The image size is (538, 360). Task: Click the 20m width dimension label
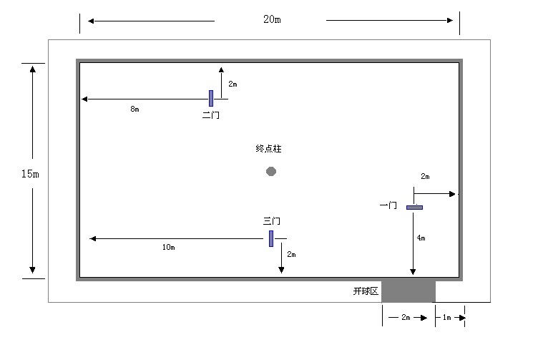tap(272, 19)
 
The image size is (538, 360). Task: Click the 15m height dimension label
tap(30, 174)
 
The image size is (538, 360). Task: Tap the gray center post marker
tap(271, 171)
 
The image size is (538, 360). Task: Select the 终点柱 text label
tap(269, 149)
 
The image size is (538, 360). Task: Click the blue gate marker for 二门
tap(211, 99)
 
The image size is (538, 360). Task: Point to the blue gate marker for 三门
tap(271, 238)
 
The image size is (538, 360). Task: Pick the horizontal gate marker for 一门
tap(414, 208)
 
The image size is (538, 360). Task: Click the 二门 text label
tap(210, 115)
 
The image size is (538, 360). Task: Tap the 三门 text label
tap(272, 221)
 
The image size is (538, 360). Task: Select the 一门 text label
tap(388, 205)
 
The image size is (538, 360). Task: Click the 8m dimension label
tap(134, 109)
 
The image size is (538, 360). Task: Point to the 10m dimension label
tap(168, 247)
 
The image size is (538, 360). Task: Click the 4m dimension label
tap(421, 238)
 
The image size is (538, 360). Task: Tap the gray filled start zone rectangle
tap(409, 291)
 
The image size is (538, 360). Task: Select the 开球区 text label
tap(366, 291)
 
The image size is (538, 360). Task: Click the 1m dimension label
tap(446, 318)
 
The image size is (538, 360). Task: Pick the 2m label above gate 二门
tap(233, 84)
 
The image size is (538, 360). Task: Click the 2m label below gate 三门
tap(292, 254)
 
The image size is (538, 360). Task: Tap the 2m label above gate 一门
tap(425, 176)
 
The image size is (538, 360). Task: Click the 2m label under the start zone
tap(406, 318)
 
